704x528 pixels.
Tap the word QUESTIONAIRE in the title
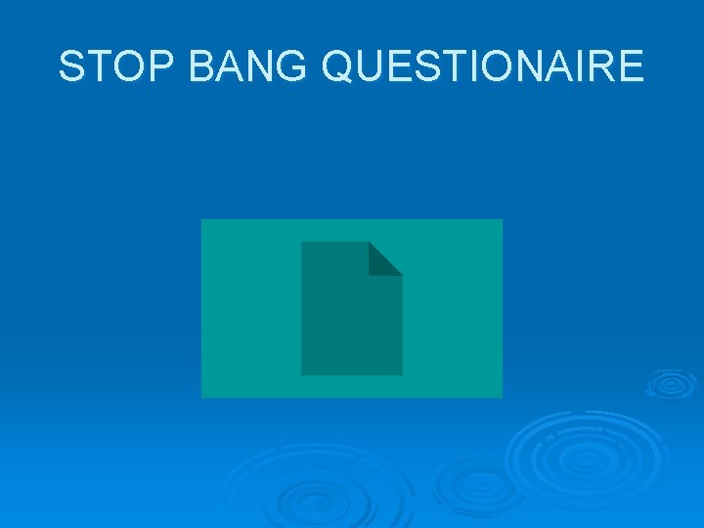tap(482, 67)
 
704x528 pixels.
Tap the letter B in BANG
tap(202, 67)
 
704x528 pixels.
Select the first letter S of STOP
tap(72, 67)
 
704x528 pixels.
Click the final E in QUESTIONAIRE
tap(631, 67)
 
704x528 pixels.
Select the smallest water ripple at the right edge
tap(671, 383)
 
